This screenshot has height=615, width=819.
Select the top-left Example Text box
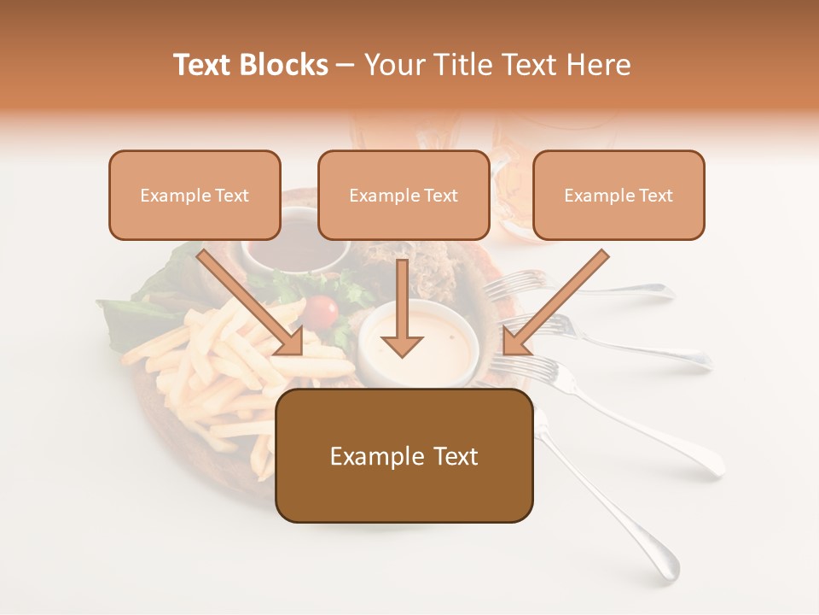click(x=195, y=196)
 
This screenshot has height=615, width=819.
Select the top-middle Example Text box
click(x=404, y=196)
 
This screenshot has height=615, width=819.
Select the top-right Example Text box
click(x=619, y=196)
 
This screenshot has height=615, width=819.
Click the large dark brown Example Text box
click(x=404, y=456)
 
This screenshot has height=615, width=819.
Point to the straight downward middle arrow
click(x=402, y=316)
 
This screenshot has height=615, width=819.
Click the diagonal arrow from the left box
click(x=253, y=303)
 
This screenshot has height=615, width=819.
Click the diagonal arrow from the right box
click(x=555, y=303)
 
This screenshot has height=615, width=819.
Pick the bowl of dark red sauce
click(x=295, y=249)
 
